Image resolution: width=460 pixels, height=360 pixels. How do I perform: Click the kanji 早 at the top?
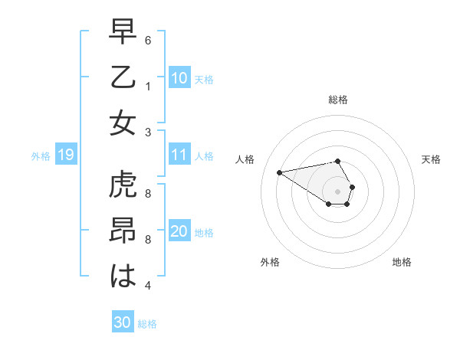(x=123, y=32)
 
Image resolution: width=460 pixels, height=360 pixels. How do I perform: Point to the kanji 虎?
(x=123, y=185)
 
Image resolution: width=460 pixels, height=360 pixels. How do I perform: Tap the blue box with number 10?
(x=179, y=78)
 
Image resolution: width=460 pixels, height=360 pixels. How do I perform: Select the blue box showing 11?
(x=179, y=155)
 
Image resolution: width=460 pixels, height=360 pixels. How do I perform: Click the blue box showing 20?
(x=179, y=232)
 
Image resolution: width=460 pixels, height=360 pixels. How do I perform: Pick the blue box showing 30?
(x=123, y=322)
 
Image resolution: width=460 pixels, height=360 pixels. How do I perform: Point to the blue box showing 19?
(x=65, y=155)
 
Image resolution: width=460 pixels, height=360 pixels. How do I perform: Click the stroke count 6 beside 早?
(x=148, y=40)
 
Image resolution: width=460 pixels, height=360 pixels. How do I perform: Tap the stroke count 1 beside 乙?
(x=148, y=86)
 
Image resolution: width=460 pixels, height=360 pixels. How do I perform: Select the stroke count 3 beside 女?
(x=148, y=131)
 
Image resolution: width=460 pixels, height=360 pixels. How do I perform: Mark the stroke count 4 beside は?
(x=148, y=286)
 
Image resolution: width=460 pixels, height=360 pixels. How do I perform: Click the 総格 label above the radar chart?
(x=338, y=100)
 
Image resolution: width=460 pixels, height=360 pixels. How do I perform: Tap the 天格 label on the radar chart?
(x=431, y=159)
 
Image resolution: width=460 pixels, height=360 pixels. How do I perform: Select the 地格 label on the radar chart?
(x=402, y=262)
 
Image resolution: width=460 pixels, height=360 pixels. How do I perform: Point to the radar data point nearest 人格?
(x=279, y=172)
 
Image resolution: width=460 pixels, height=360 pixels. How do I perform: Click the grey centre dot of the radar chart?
(x=338, y=191)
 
